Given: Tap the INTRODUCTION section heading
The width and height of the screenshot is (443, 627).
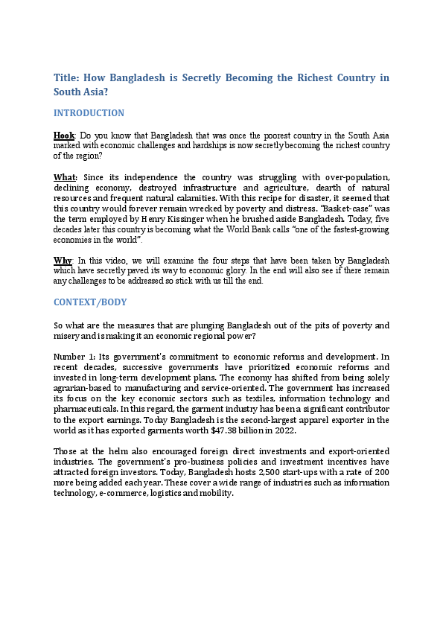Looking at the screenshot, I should point(89,113).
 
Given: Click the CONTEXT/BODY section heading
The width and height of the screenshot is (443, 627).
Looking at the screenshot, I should point(90,302).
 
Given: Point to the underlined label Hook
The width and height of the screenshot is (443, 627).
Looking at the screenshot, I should point(64,136).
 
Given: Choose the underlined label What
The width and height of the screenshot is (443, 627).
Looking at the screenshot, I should point(65,177).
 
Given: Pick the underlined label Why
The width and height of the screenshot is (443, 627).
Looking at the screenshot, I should point(63,261).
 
